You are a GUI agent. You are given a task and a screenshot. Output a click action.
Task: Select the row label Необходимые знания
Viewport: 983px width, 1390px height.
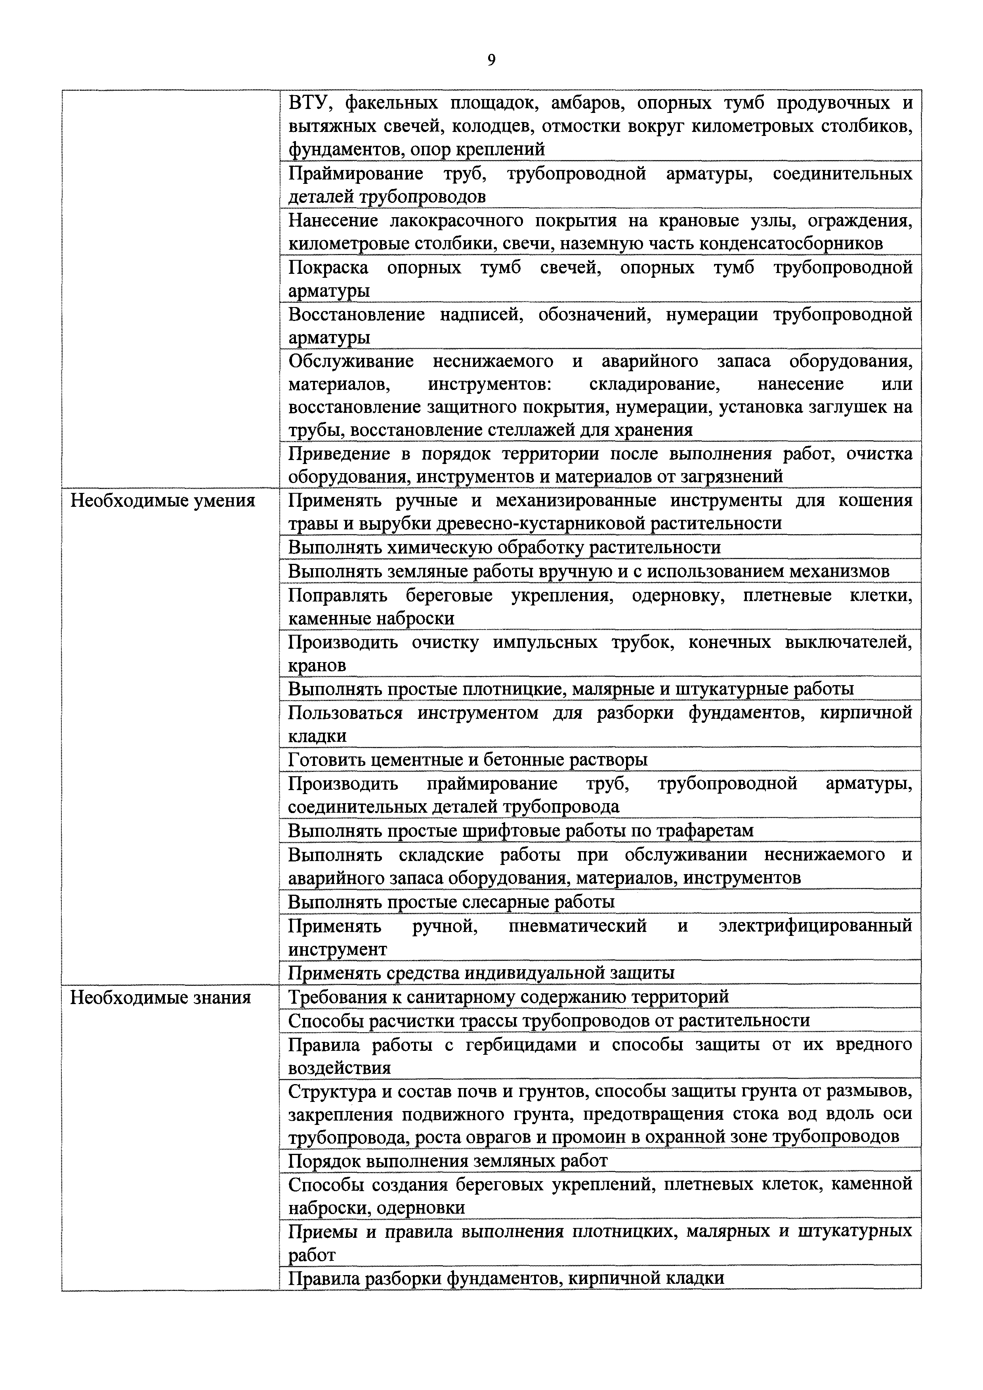[160, 997]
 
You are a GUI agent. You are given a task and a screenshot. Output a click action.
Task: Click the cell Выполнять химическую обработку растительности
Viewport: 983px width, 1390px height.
[504, 548]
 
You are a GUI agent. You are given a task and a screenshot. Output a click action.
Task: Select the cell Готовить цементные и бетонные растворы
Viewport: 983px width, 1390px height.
[467, 760]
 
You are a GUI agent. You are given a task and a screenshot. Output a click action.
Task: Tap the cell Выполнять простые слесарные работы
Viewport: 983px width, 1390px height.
[451, 902]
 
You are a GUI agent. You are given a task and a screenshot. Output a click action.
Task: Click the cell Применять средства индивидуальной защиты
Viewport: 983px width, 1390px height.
[481, 973]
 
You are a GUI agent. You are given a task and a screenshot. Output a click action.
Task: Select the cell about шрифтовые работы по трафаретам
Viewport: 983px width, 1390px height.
[521, 831]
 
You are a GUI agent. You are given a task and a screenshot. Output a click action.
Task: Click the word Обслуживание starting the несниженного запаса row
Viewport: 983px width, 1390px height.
[351, 361]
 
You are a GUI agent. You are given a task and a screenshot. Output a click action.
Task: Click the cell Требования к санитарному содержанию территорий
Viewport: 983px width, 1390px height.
[508, 997]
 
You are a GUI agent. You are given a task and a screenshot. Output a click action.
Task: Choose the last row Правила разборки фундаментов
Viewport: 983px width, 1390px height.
[506, 1279]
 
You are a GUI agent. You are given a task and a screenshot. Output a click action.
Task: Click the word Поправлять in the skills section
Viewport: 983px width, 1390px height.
[337, 596]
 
